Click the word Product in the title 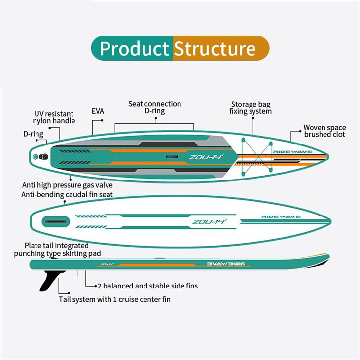(x=134, y=49)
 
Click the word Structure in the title (x=215, y=49)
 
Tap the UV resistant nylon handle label (x=54, y=117)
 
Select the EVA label (x=98, y=111)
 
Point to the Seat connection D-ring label (x=154, y=108)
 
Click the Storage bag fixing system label (x=251, y=108)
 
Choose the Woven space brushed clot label (x=324, y=131)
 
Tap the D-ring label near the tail (x=34, y=134)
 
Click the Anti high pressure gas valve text (x=68, y=185)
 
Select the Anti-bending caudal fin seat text (x=67, y=195)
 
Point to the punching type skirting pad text (x=57, y=253)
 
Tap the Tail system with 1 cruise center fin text (x=115, y=299)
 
